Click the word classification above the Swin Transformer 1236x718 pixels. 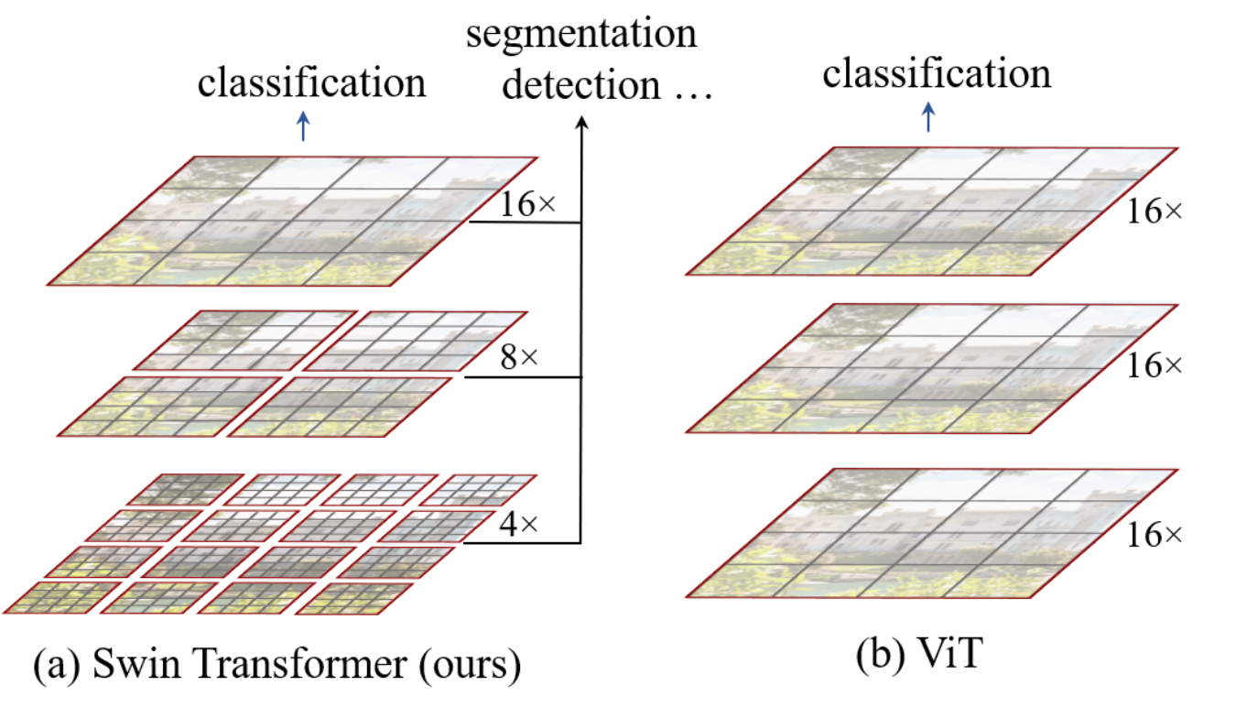(312, 83)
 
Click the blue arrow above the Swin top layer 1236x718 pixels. (304, 130)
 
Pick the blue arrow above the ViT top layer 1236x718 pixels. (929, 117)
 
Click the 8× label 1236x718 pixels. (517, 359)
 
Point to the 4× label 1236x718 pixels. (517, 525)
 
